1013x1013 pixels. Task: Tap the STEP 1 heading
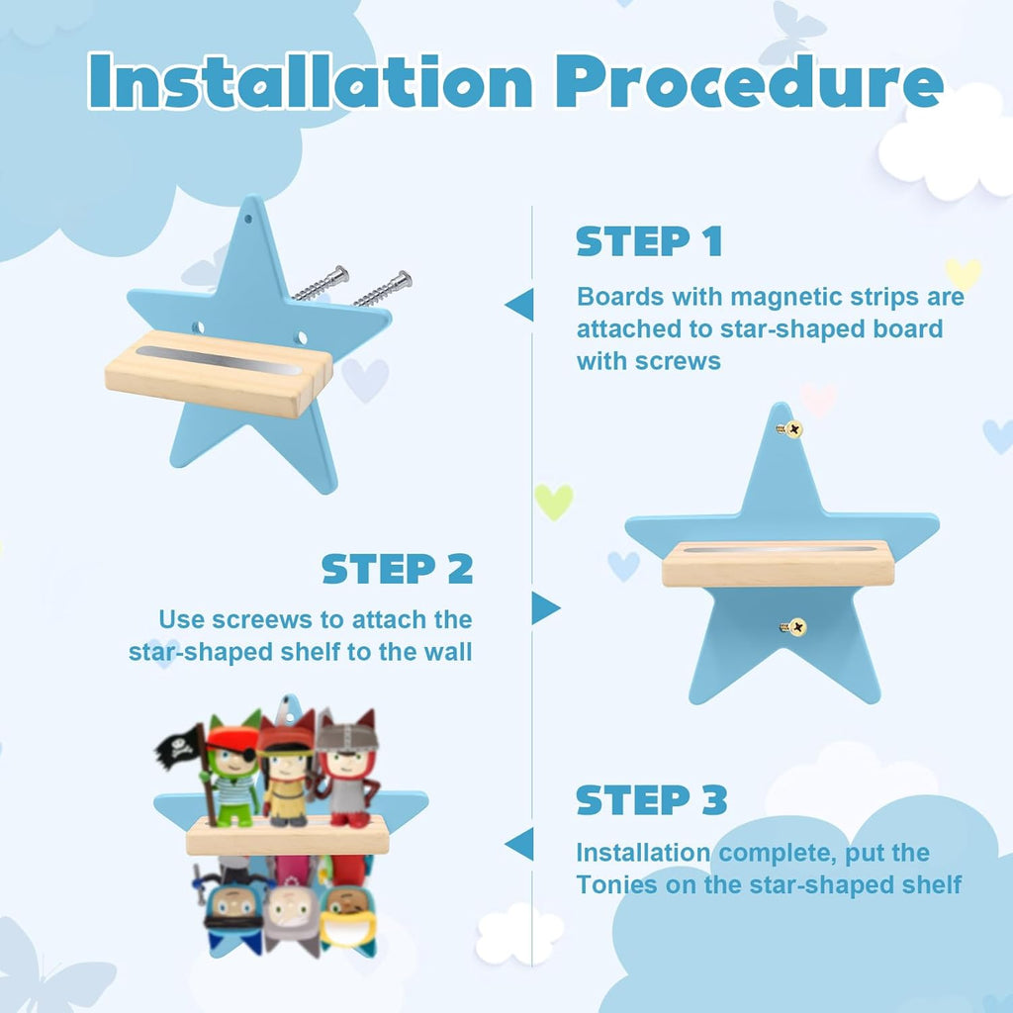[649, 241]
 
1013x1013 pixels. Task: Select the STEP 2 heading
[398, 569]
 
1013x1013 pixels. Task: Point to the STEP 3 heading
[651, 799]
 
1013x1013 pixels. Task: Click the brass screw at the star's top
[789, 428]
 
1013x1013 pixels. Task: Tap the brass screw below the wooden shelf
[791, 626]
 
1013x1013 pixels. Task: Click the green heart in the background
[553, 501]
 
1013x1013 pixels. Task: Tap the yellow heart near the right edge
[963, 273]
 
